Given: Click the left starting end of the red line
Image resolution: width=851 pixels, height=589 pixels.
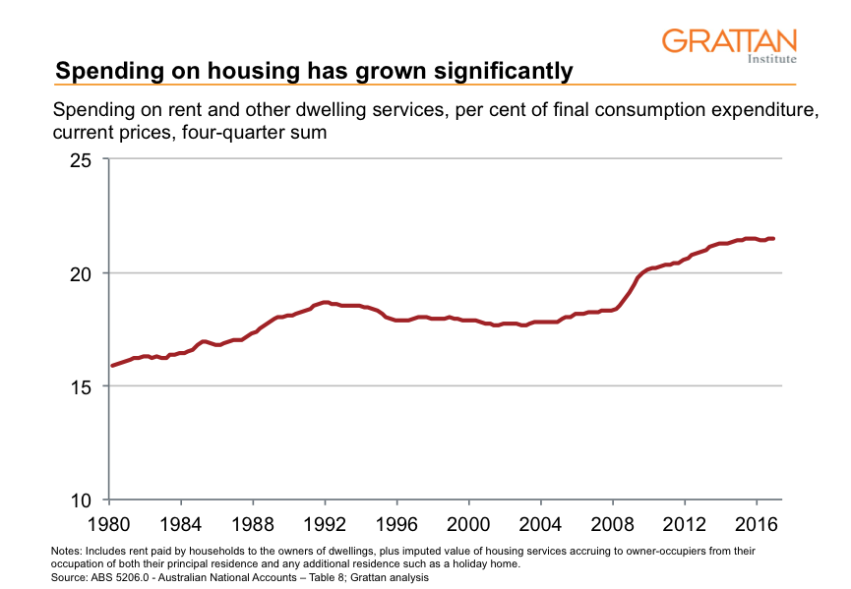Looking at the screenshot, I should pyautogui.click(x=112, y=366).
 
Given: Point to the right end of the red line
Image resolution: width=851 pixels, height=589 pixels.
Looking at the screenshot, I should pyautogui.click(x=773, y=238).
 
